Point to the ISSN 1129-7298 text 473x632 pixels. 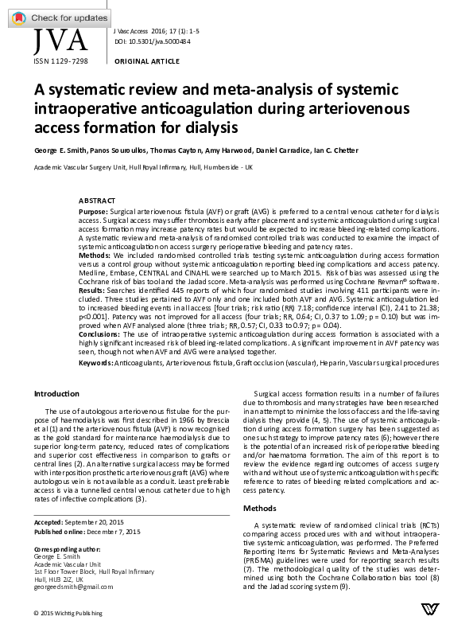[x=60, y=60]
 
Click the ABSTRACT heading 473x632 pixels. [x=97, y=200]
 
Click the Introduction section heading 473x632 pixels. [x=56, y=394]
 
